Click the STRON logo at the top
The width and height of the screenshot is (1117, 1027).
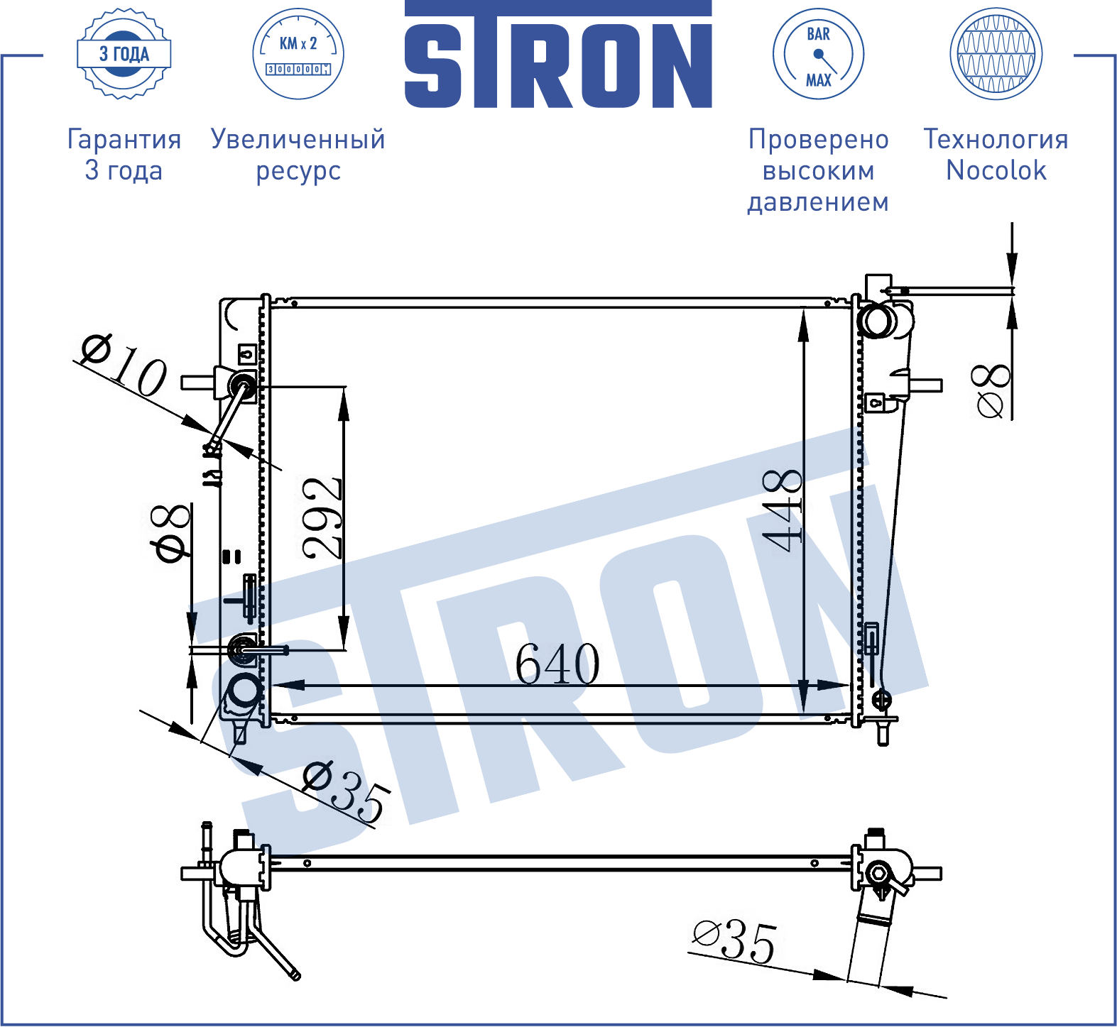[558, 55]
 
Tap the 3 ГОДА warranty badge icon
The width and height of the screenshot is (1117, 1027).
[124, 54]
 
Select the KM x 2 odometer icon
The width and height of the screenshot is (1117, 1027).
[298, 54]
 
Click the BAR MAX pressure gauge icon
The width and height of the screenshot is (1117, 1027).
[818, 54]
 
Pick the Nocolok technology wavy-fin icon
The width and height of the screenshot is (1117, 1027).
[996, 54]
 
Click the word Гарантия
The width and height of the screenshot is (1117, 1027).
[124, 139]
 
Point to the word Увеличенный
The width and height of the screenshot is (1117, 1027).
[298, 139]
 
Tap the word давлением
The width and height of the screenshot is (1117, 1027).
[818, 202]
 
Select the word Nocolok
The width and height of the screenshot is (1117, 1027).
[996, 170]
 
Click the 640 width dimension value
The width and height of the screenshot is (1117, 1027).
[557, 664]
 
